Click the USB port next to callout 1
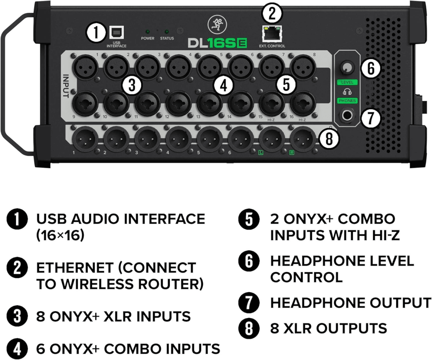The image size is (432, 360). (x=117, y=33)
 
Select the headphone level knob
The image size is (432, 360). (x=347, y=68)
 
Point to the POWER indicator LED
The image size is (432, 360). (x=147, y=32)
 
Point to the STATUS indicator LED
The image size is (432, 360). (x=167, y=32)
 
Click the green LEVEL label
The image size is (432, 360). (x=347, y=82)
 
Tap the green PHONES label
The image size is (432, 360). (x=347, y=101)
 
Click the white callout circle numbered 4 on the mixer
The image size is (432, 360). (x=224, y=85)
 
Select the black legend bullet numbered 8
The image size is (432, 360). (x=248, y=329)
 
